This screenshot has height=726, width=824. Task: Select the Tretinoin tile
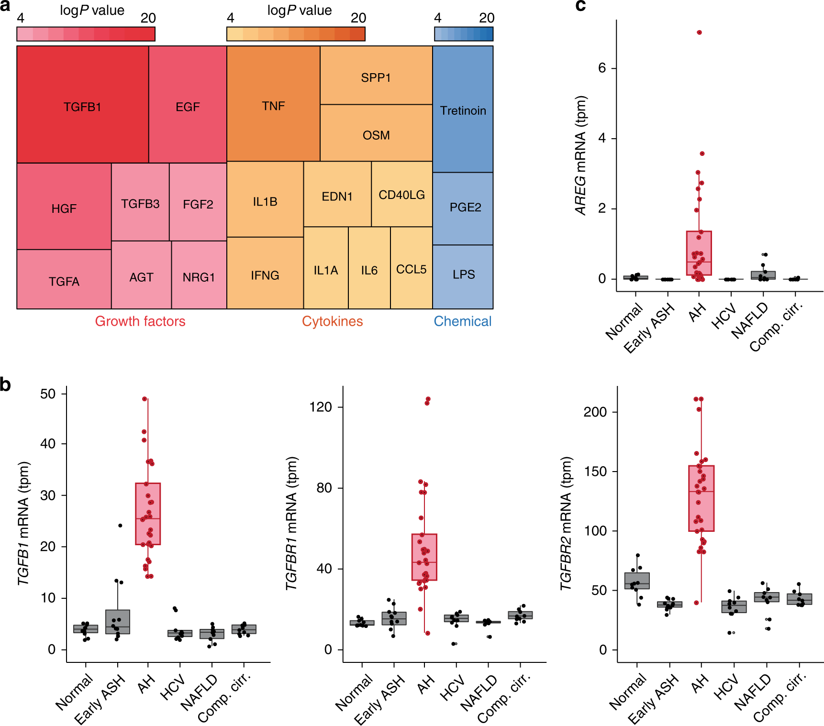[463, 110]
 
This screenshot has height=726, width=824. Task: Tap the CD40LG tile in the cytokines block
[401, 195]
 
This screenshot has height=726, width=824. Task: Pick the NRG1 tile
[199, 277]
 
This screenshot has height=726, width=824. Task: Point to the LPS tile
[463, 275]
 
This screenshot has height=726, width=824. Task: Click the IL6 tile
[369, 270]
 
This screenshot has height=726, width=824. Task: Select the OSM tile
[376, 135]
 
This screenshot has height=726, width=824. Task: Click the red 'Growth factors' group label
[140, 321]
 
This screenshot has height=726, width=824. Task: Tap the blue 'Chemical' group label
[462, 321]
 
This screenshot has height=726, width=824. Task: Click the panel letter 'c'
[580, 6]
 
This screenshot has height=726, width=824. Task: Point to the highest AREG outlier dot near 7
[699, 33]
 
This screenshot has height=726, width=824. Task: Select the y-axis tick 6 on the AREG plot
[602, 68]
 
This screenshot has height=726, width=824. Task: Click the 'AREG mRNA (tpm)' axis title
[580, 155]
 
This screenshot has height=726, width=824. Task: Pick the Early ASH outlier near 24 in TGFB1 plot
[120, 526]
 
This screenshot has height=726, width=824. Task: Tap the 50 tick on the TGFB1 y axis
[48, 394]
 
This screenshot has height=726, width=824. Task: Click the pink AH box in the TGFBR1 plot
[424, 557]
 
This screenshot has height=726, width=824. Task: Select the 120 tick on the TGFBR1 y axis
[321, 407]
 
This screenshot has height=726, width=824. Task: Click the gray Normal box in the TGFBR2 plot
[637, 581]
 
